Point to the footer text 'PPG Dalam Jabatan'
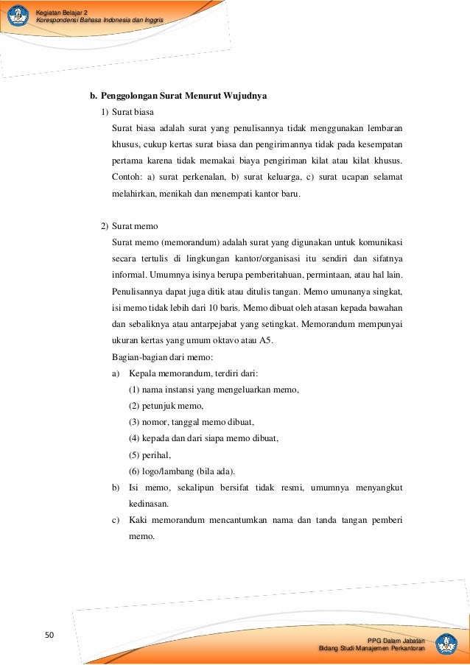tap(399, 639)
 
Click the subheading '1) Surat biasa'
tap(127, 112)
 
